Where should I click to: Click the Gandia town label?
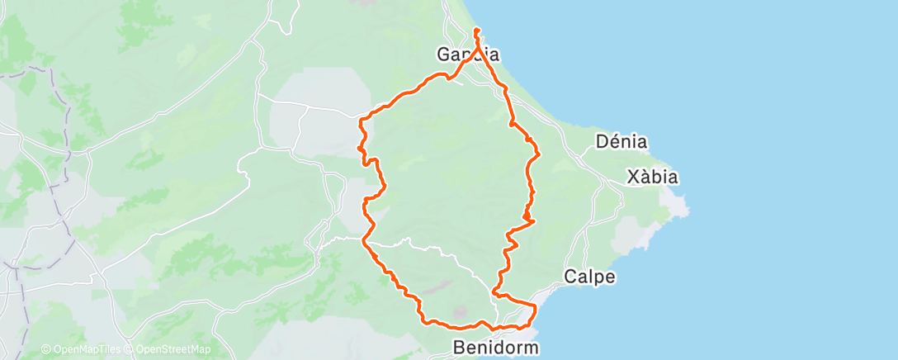(x=468, y=55)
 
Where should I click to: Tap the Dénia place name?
(x=622, y=142)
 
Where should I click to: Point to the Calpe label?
(x=589, y=277)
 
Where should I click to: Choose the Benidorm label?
(x=496, y=348)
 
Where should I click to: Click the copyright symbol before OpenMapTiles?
(x=46, y=350)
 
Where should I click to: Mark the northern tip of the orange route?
(x=477, y=31)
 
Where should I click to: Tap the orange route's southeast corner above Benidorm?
(x=536, y=308)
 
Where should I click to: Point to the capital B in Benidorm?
(x=460, y=348)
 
